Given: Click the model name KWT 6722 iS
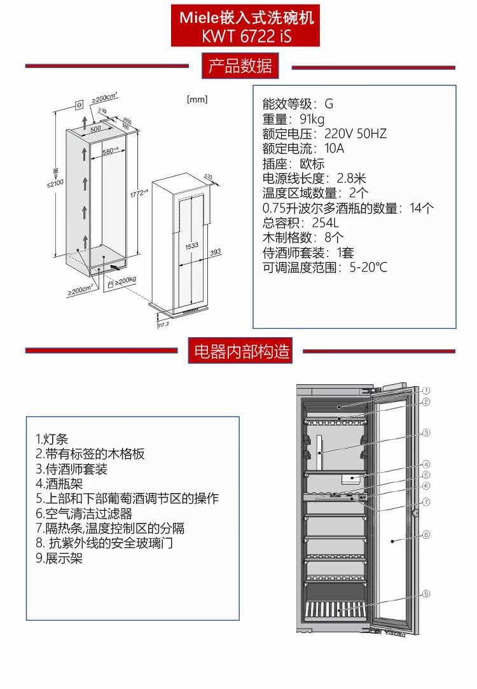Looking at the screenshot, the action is coord(246,36).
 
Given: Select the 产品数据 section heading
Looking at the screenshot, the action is coord(240,66).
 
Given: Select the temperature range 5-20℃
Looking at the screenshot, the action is coord(368,267).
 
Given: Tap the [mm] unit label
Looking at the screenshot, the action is coord(197,100).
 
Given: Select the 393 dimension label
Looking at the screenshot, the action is coord(215,253).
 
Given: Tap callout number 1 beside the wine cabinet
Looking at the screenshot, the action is coord(426,390).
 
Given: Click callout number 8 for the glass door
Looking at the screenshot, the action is coord(426,534).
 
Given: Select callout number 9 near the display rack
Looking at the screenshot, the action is coord(426,594).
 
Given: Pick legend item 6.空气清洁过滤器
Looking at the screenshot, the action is coord(84,513).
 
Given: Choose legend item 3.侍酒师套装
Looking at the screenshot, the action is coord(72,469).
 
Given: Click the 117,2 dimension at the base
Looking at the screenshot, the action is coord(163,324).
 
